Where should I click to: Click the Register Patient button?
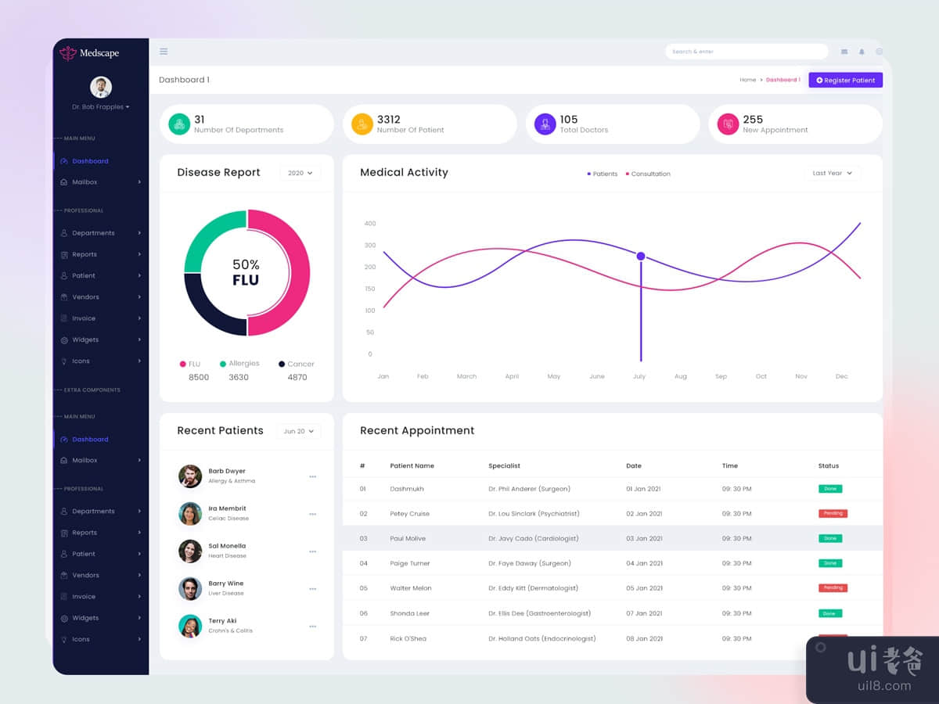(845, 80)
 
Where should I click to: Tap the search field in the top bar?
(746, 52)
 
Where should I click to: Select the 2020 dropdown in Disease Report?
(300, 173)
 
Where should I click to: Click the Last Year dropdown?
(832, 173)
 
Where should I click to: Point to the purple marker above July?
(641, 256)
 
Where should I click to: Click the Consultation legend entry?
(650, 174)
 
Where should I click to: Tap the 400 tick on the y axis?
(370, 224)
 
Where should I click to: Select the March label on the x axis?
(466, 376)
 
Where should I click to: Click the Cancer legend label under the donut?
(300, 364)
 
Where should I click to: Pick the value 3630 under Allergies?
(239, 377)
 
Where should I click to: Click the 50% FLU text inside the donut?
(246, 272)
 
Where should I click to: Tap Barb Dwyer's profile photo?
(190, 476)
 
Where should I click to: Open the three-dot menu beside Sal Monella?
(312, 551)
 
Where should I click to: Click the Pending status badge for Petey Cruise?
(833, 514)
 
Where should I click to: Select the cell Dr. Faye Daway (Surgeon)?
(530, 563)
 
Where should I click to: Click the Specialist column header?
(504, 465)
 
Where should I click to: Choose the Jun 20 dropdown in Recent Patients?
(298, 431)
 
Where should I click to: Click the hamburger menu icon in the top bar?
(164, 52)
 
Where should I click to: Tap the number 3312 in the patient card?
(388, 120)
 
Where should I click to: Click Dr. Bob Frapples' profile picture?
(101, 87)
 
